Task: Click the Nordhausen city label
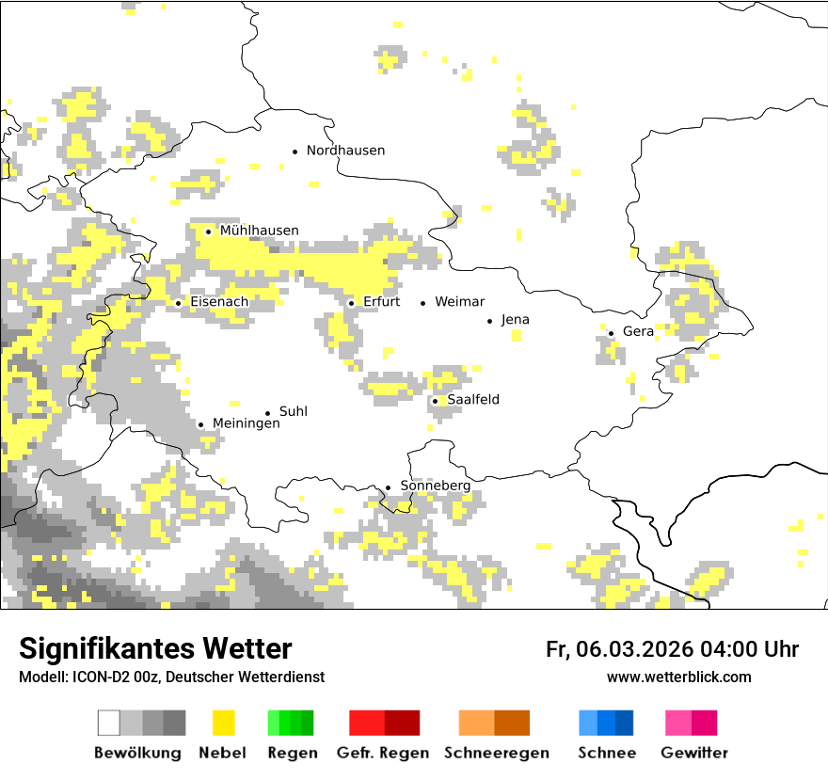coord(345,151)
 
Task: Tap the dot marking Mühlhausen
coord(208,231)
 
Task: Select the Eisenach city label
coord(219,302)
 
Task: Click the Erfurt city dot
coord(351,303)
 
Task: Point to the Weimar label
coord(459,302)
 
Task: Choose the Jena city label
coord(515,320)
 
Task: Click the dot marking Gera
coord(611,333)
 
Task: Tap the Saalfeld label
coord(472,400)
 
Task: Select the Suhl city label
coord(293,412)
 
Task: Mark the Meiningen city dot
coord(200,424)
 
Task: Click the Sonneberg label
coord(435,486)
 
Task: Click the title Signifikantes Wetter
coord(155,649)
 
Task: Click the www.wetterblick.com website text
coord(678,677)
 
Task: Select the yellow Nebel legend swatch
coord(223,723)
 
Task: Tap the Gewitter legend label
coord(693,753)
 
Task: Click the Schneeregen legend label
coord(496,753)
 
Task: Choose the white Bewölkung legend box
coord(109,723)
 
